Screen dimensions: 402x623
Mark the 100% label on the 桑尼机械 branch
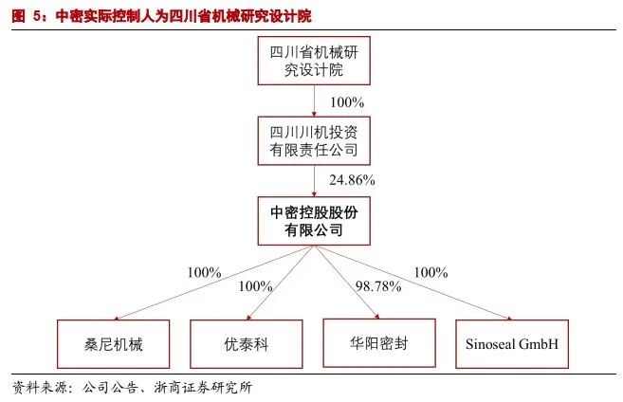coord(204,272)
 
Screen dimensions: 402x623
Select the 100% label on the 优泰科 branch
coord(256,285)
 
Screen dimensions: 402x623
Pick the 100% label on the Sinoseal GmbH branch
coord(431,272)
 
